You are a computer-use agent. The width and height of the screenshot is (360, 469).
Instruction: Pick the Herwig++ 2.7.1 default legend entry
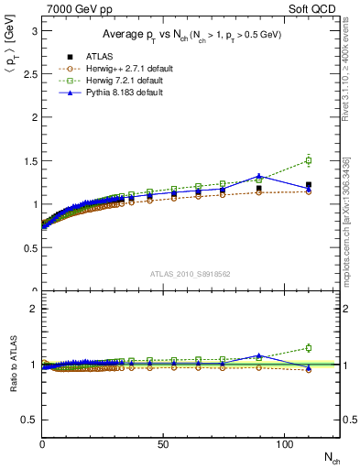pyautogui.click(x=114, y=69)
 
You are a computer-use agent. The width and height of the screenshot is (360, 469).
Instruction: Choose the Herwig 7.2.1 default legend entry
pyautogui.click(x=112, y=81)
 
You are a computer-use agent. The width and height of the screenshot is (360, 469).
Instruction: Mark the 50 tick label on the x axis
pyautogui.click(x=163, y=443)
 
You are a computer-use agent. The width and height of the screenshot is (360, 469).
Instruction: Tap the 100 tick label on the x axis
pyautogui.click(x=284, y=443)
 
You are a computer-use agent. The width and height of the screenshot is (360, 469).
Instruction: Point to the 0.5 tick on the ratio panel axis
pyautogui.click(x=29, y=420)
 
